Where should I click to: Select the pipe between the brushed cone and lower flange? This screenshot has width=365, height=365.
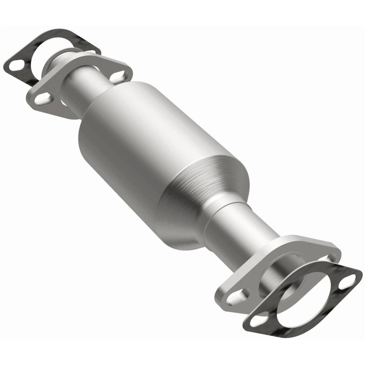(237, 228)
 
